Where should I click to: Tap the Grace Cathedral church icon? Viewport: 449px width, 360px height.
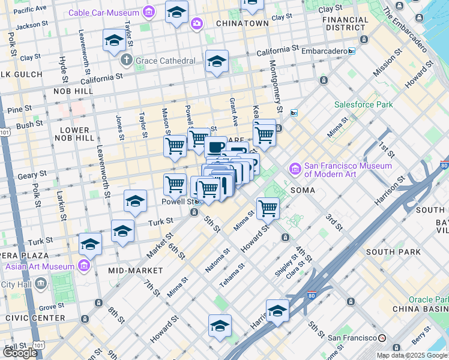126,61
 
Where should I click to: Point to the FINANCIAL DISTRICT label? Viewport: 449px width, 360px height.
345,23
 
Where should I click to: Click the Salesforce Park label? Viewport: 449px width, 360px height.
364,104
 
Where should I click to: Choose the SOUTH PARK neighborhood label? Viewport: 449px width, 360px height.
393,252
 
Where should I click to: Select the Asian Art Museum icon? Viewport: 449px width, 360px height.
83,266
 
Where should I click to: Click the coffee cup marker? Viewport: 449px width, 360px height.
215,147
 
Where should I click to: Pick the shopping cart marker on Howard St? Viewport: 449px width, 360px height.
267,209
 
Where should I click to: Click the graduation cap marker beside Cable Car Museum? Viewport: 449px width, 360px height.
176,12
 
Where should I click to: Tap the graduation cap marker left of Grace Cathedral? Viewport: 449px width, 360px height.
114,40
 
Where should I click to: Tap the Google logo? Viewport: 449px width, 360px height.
20,352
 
